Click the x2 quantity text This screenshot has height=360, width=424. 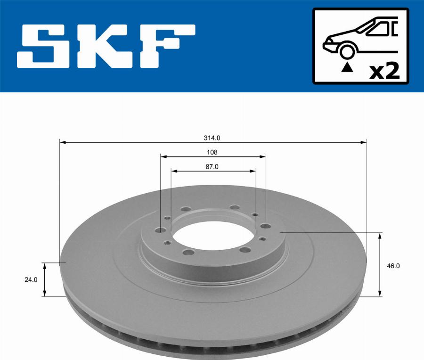(x=384, y=71)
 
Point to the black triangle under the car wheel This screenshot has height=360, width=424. (x=347, y=67)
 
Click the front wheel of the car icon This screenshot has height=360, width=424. (x=348, y=50)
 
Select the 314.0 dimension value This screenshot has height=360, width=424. (x=212, y=138)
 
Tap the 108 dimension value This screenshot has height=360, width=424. (x=212, y=152)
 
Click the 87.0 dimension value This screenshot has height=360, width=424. (x=212, y=166)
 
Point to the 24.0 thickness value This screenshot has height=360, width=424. (x=31, y=279)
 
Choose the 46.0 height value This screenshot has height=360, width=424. (x=393, y=265)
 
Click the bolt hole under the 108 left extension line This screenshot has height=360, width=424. (x=160, y=229)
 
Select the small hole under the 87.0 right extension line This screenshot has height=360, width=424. (x=255, y=215)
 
